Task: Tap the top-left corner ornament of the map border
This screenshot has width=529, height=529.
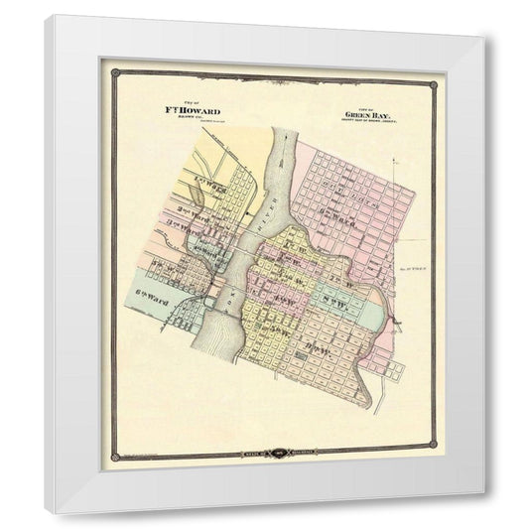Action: [x=114, y=72]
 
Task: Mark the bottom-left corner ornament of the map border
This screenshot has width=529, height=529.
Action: [x=114, y=457]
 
